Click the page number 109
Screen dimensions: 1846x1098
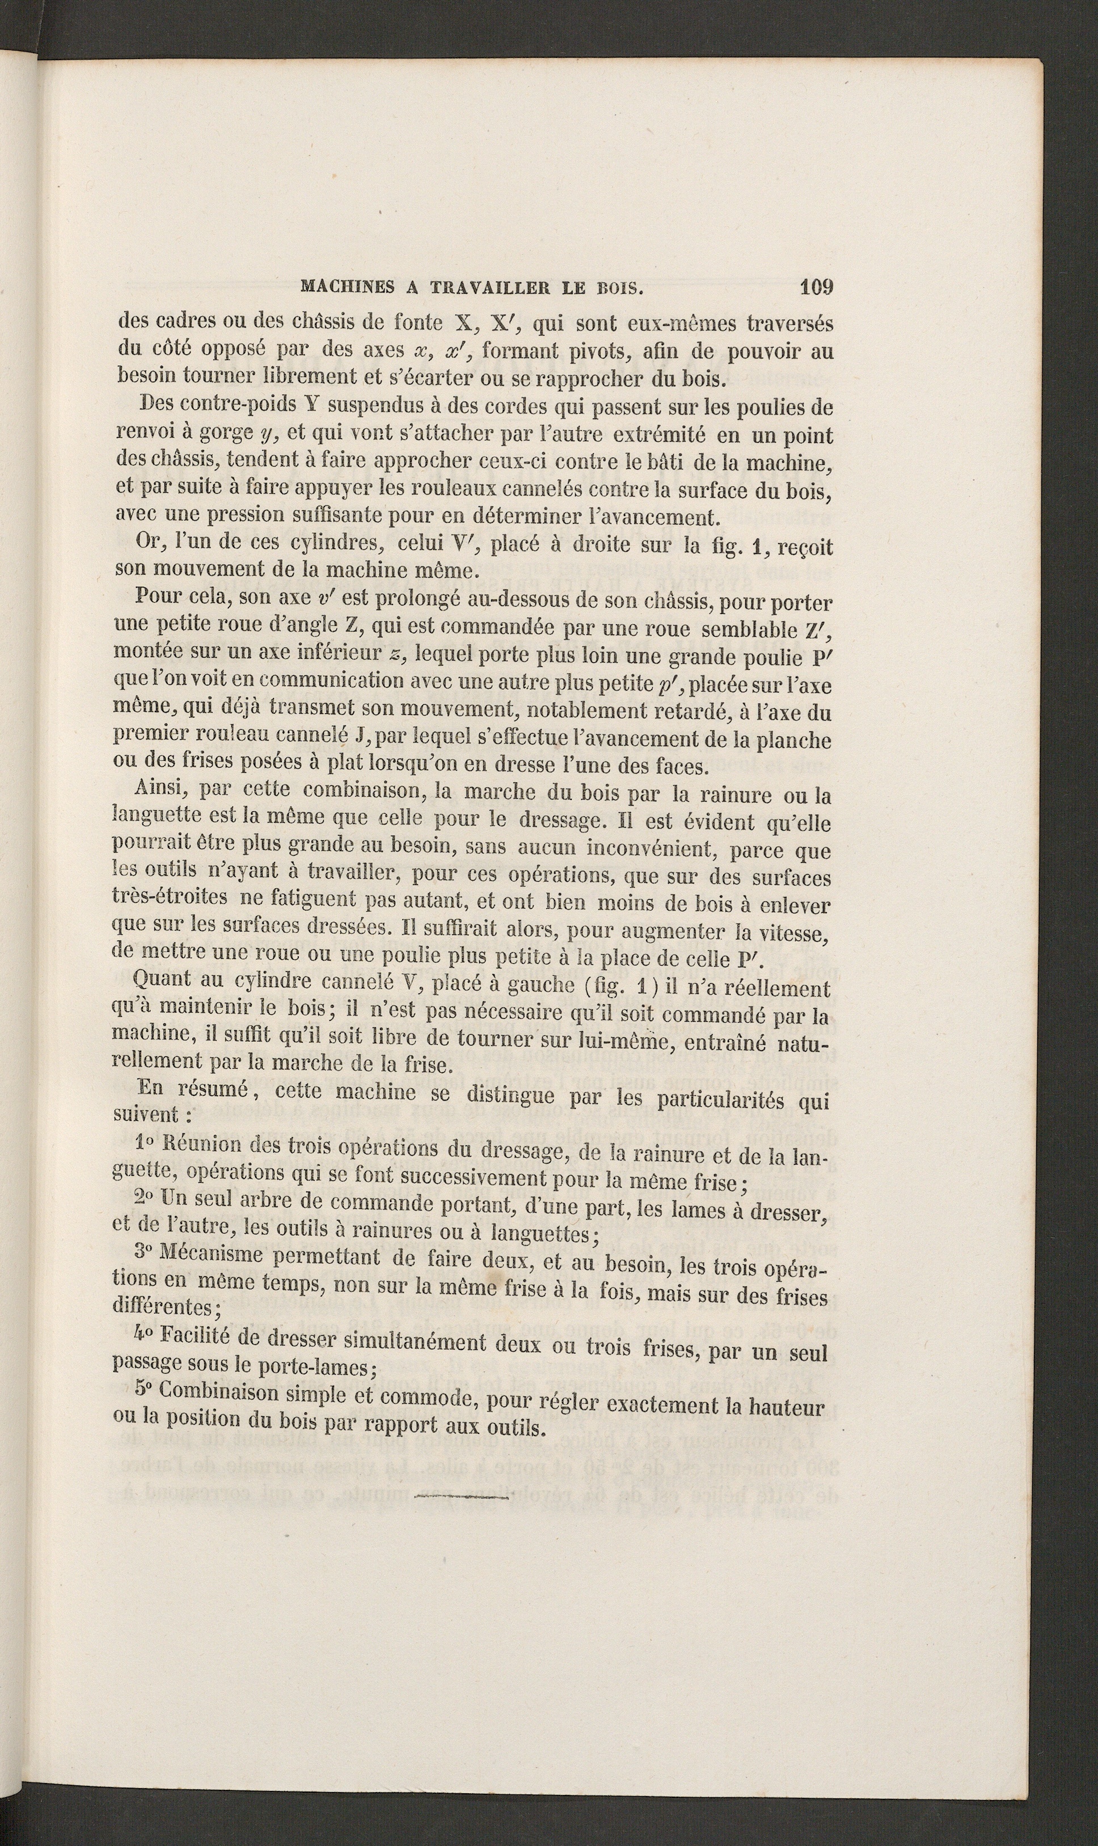816,287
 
